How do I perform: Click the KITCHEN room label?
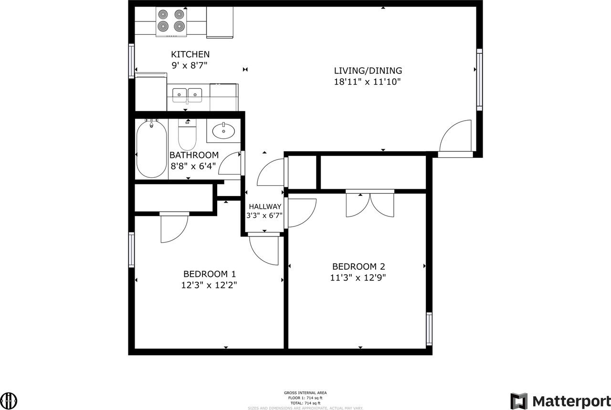(x=190, y=54)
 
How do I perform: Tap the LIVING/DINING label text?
(x=368, y=71)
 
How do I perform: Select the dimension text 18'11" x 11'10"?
(x=368, y=82)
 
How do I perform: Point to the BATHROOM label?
(x=194, y=155)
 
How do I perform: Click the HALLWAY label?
(x=265, y=206)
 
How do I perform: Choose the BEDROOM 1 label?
(x=210, y=274)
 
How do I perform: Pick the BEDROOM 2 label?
(x=358, y=266)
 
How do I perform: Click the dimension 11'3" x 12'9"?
(x=358, y=277)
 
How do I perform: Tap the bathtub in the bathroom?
(x=151, y=149)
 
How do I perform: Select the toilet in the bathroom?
(x=187, y=135)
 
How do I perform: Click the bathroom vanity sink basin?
(x=223, y=131)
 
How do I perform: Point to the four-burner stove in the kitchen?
(x=171, y=22)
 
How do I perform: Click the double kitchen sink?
(x=187, y=95)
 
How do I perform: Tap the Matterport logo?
(x=560, y=401)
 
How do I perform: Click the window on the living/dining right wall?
(x=479, y=80)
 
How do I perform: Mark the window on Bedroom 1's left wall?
(x=131, y=250)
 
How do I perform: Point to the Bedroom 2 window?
(x=429, y=329)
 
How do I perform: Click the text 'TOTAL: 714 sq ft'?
(x=305, y=403)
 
